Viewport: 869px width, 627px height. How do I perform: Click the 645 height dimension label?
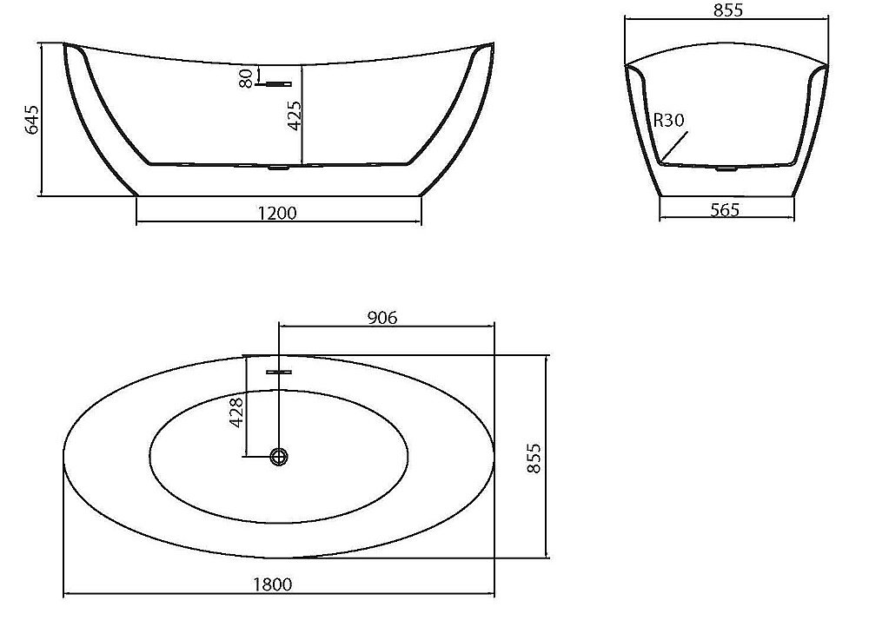[x=33, y=119]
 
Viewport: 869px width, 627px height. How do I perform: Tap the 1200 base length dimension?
[x=278, y=213]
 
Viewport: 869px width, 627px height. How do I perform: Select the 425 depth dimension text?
[x=295, y=115]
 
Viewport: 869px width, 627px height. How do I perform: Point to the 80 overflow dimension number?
[x=247, y=77]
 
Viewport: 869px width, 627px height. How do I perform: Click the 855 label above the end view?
[x=727, y=10]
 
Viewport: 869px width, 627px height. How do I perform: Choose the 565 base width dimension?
[x=725, y=209]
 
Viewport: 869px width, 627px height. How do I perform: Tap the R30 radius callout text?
[x=668, y=120]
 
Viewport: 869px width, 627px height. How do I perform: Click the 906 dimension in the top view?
[x=382, y=317]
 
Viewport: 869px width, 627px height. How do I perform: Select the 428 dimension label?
[x=236, y=412]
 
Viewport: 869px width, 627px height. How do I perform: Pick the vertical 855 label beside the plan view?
[x=533, y=458]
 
